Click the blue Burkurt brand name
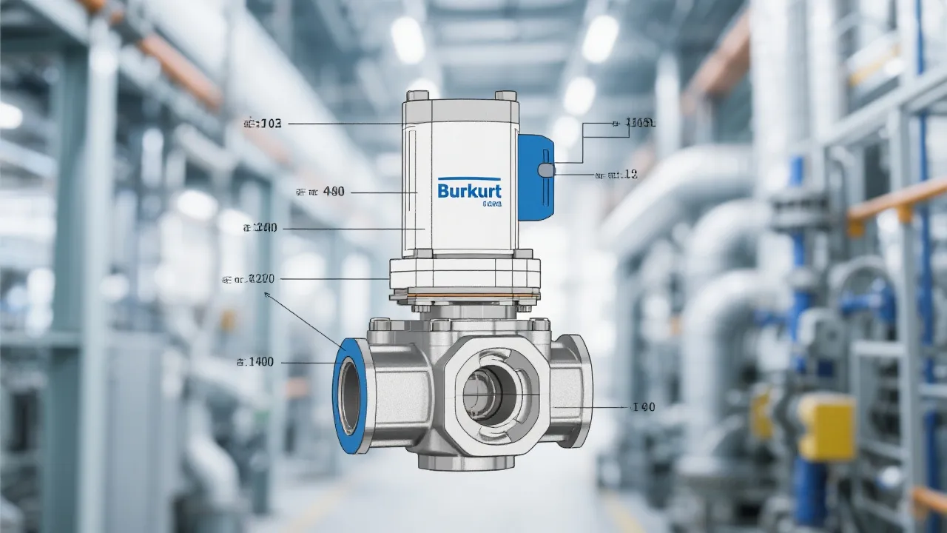[x=470, y=191]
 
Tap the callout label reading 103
[x=263, y=124]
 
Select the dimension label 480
[x=320, y=192]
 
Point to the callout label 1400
[x=255, y=362]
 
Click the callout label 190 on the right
[x=642, y=407]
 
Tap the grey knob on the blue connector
[x=545, y=170]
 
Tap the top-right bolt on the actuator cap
[x=506, y=95]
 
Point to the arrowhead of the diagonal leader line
[x=266, y=294]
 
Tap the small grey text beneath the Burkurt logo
[x=491, y=204]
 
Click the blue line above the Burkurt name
[x=470, y=178]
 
